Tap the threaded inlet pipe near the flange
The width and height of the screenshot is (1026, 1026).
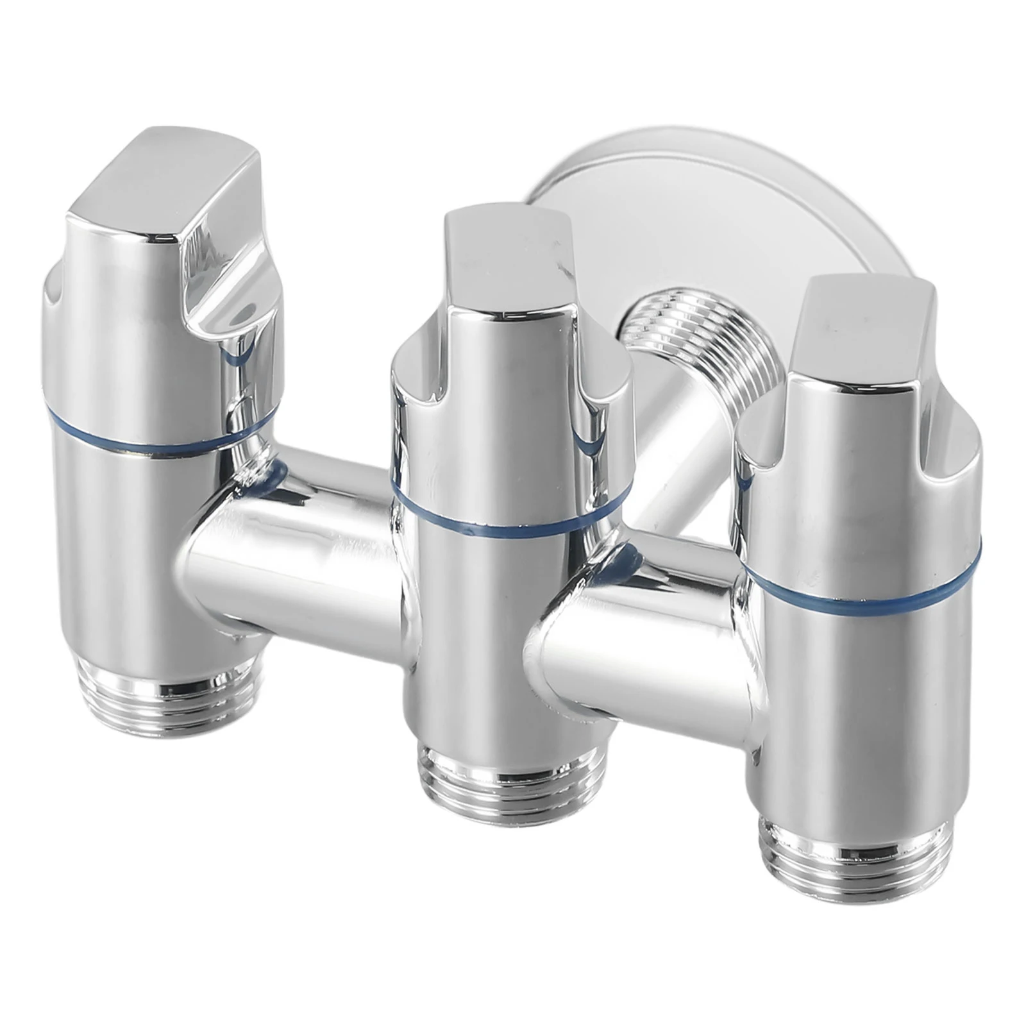699,346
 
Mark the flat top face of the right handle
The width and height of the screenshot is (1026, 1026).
859,321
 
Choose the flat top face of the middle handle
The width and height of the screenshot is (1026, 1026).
507,250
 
